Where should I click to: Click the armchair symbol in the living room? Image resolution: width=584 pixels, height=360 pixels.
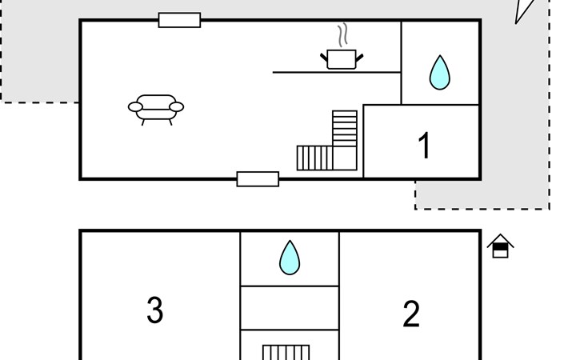156,110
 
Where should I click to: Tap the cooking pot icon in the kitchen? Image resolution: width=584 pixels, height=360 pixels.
342,59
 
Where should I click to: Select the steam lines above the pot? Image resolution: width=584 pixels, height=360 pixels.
343,34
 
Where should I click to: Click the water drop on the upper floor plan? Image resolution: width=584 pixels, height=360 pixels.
439,73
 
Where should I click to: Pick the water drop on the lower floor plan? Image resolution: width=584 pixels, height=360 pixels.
290,258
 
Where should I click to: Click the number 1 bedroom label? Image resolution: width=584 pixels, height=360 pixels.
424,145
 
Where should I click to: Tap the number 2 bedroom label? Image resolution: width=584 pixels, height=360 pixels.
411,314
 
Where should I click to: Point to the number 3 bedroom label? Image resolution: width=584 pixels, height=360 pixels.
155,310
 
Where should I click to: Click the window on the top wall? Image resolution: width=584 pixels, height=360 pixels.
179,20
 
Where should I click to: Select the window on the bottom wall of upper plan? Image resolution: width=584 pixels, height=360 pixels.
258,179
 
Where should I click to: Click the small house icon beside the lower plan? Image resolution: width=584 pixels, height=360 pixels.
500,246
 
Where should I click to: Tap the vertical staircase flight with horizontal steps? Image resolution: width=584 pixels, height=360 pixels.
345,128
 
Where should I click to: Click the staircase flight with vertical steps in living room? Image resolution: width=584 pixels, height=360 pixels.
314,158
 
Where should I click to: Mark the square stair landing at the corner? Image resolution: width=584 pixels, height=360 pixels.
345,158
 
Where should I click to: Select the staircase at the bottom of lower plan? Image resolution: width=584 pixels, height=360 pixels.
286,353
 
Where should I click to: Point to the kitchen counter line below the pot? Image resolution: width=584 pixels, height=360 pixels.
337,72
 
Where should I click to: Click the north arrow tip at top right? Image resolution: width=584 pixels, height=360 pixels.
516,24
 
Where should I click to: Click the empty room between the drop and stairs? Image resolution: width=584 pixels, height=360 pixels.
290,308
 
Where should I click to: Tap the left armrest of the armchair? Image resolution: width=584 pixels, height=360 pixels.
135,107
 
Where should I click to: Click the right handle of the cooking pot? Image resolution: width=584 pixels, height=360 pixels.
359,58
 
